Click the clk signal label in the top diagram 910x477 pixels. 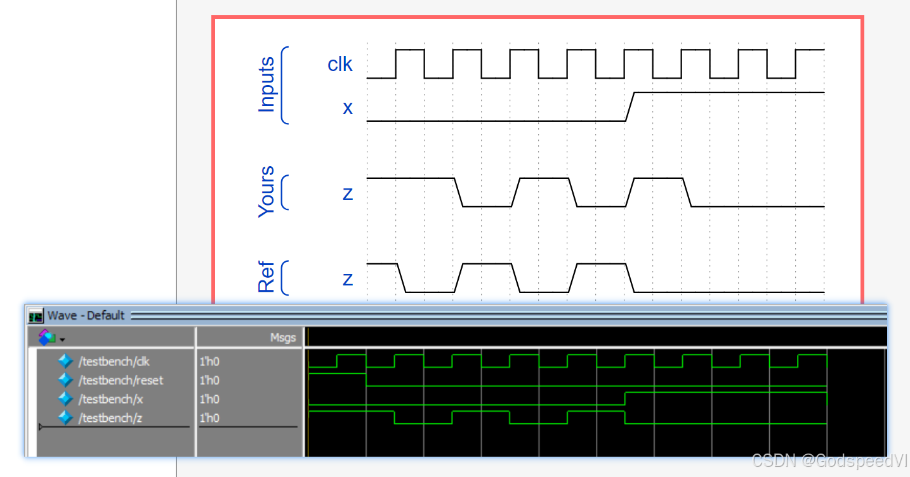click(x=340, y=64)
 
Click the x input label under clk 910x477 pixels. click(x=348, y=108)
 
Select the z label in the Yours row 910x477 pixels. click(x=348, y=193)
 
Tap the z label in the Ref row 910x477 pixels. click(x=348, y=278)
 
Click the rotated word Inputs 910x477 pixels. click(x=267, y=85)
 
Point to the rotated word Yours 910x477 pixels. click(x=267, y=192)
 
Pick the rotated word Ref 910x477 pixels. click(x=267, y=277)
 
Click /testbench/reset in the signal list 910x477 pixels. click(x=121, y=381)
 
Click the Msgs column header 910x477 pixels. click(x=282, y=338)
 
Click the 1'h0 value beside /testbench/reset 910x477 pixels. click(x=209, y=381)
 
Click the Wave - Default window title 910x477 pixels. click(x=86, y=316)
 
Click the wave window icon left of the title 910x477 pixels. click(x=37, y=316)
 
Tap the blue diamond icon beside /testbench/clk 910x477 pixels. click(x=65, y=362)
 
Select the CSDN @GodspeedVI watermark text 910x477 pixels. click(x=829, y=461)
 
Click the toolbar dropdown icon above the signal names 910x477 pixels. click(x=51, y=337)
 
